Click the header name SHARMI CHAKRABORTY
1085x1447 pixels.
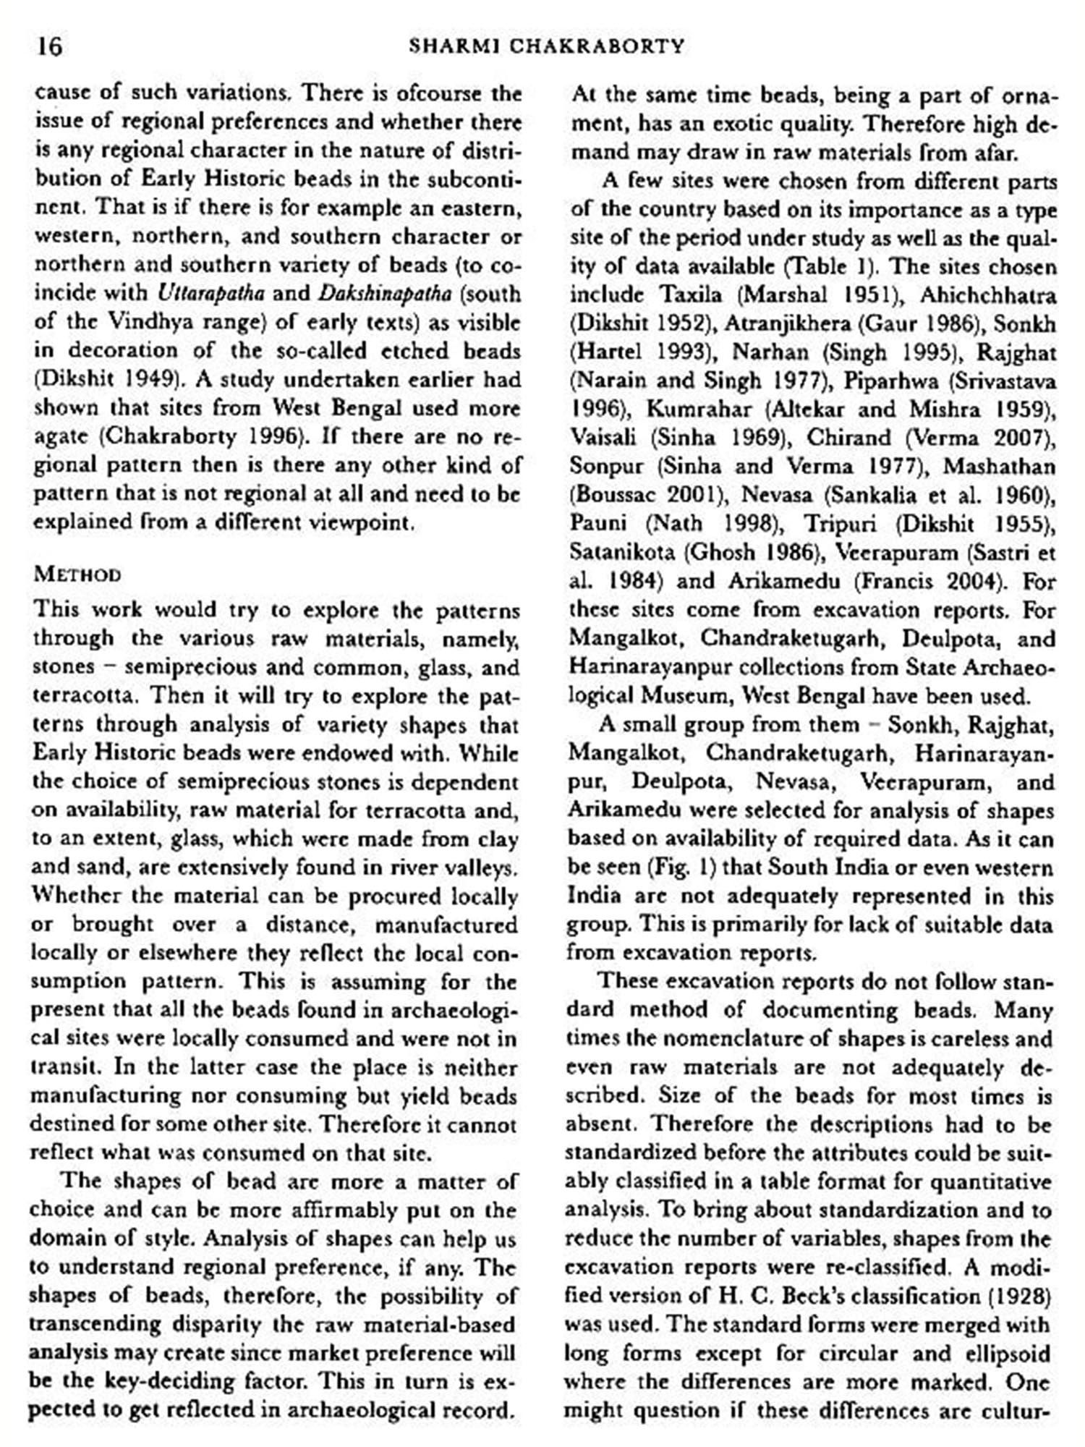(546, 47)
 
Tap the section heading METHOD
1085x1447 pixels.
(77, 575)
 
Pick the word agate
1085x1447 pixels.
(61, 436)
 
